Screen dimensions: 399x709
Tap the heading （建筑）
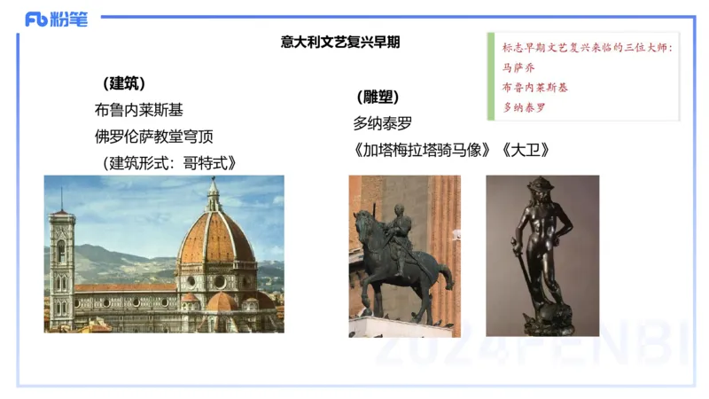point(125,84)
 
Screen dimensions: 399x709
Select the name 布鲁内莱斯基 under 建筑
point(139,111)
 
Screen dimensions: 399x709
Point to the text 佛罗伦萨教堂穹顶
point(154,137)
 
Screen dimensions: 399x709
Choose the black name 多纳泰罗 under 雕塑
point(383,124)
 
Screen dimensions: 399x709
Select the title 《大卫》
point(526,150)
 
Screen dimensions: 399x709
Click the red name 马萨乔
point(518,67)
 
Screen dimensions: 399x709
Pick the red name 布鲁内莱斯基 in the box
point(535,88)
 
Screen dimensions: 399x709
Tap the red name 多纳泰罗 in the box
point(524,108)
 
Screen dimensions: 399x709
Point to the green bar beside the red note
point(490,78)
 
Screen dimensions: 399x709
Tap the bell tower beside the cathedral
point(60,266)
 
